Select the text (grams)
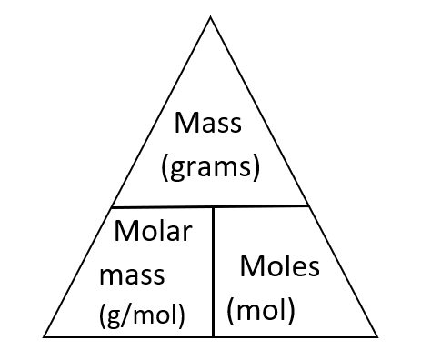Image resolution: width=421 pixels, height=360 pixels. [212, 167]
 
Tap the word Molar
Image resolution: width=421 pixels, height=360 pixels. [154, 231]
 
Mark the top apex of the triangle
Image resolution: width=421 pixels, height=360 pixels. [211, 15]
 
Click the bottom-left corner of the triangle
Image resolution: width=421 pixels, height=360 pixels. [45, 335]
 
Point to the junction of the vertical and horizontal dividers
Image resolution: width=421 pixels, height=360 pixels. [213, 205]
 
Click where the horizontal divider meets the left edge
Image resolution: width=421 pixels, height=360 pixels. [113, 205]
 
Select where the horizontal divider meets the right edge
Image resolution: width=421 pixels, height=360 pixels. [310, 205]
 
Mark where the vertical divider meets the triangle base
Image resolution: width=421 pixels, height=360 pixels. [213, 335]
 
